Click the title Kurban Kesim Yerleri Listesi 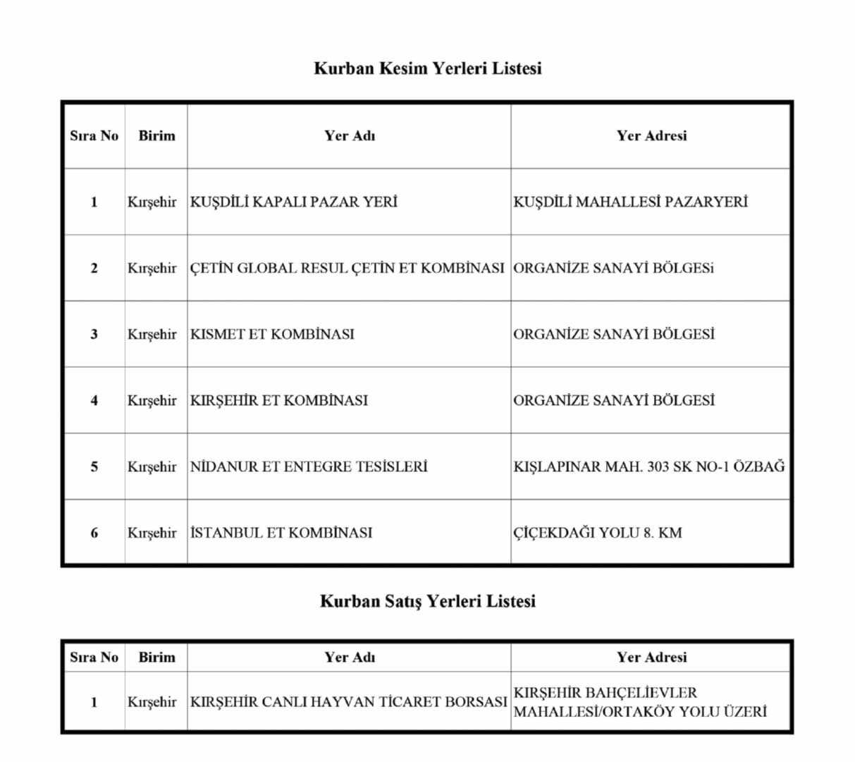pyautogui.click(x=427, y=68)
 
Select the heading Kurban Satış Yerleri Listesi pyautogui.click(x=427, y=601)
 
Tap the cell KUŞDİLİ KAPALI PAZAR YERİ pyautogui.click(x=293, y=202)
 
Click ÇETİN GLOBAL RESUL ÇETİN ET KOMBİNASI pyautogui.click(x=347, y=268)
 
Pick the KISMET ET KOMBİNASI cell pyautogui.click(x=272, y=334)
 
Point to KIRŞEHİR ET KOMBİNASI pyautogui.click(x=279, y=401)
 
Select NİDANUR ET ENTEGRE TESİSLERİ pyautogui.click(x=309, y=466)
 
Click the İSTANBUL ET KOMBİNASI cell pyautogui.click(x=281, y=533)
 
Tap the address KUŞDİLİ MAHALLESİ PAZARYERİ pyautogui.click(x=630, y=202)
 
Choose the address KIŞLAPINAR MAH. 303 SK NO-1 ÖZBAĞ pyautogui.click(x=648, y=466)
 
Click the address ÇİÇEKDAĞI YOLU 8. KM pyautogui.click(x=597, y=533)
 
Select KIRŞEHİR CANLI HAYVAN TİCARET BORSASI pyautogui.click(x=348, y=702)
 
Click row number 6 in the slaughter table pyautogui.click(x=94, y=533)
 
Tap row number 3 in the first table pyautogui.click(x=94, y=334)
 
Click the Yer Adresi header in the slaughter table pyautogui.click(x=651, y=135)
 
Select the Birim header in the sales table pyautogui.click(x=156, y=657)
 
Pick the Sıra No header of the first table pyautogui.click(x=94, y=135)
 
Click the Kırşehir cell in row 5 pyautogui.click(x=152, y=466)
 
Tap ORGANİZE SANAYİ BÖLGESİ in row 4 pyautogui.click(x=613, y=401)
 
